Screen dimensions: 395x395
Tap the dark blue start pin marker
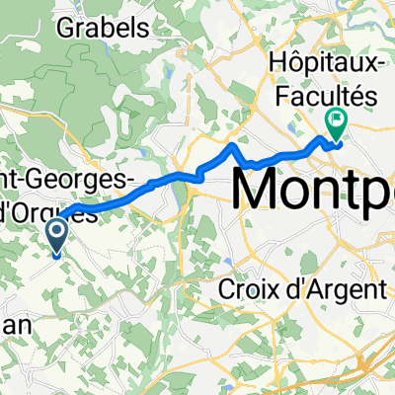coord(56,235)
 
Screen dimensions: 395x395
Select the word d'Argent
coord(333,291)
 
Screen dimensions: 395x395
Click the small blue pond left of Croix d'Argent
coord(228,262)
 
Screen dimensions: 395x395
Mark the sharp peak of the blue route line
coord(233,146)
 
